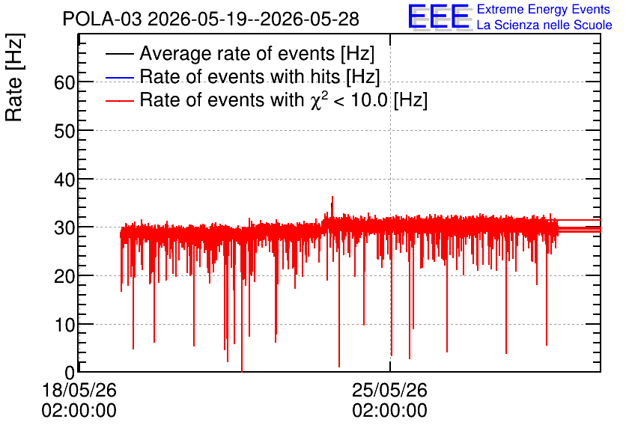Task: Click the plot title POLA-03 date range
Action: [211, 19]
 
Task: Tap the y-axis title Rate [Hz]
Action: [15, 77]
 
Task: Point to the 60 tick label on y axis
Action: [64, 82]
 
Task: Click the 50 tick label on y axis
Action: [64, 131]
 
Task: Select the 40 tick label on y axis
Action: [64, 180]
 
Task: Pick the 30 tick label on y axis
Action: [64, 228]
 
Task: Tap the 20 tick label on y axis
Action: [64, 276]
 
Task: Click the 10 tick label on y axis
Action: [64, 325]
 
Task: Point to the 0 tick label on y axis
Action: [70, 373]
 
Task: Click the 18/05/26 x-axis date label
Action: [79, 390]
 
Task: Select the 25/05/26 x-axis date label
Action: [389, 390]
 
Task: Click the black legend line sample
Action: [120, 54]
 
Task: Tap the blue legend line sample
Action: [120, 77]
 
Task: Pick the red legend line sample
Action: [120, 101]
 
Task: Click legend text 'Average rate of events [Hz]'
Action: [257, 54]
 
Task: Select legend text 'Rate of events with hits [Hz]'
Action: [260, 77]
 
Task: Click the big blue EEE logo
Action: [440, 17]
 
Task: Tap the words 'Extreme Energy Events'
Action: [544, 9]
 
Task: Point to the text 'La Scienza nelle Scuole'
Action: [544, 25]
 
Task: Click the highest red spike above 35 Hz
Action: [332, 198]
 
